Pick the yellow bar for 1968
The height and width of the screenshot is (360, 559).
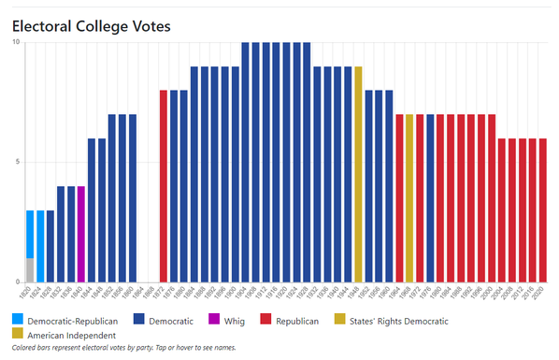coord(409,197)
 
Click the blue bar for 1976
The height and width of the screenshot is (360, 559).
coord(430,197)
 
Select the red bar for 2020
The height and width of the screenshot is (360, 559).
coord(543,209)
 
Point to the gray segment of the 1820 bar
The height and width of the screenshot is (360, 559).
coord(30,269)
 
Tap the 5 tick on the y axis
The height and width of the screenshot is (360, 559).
coord(16,162)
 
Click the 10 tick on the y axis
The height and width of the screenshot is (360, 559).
coord(14,42)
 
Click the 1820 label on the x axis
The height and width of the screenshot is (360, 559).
coord(30,292)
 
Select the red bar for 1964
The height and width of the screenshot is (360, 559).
coord(399,197)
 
